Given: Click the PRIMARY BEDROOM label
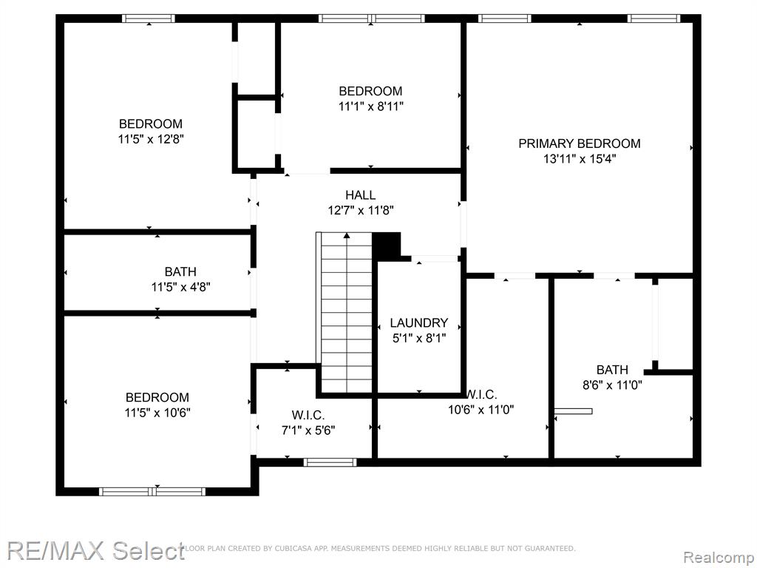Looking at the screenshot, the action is point(580,143).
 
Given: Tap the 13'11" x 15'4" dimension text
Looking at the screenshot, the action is point(580,159).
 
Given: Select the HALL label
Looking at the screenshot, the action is point(361,195).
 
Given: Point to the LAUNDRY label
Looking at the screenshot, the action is point(419,322).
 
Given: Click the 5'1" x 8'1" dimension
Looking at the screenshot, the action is point(419,338).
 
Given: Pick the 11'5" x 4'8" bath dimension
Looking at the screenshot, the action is point(180,288).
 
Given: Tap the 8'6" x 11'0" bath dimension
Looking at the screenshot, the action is point(612,385).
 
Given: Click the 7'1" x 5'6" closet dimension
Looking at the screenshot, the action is point(308,430).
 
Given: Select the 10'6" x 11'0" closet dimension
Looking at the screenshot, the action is point(481,410).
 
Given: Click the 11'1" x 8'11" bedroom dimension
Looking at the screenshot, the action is point(371,106).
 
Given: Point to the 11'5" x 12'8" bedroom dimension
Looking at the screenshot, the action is point(151,139).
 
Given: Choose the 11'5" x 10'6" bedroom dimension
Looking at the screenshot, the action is point(157,413).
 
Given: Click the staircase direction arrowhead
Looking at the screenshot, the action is point(347,236).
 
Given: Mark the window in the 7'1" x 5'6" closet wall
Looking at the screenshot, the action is point(330,462).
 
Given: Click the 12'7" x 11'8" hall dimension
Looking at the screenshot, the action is point(361,211).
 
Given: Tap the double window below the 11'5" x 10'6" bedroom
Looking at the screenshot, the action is point(152,492).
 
